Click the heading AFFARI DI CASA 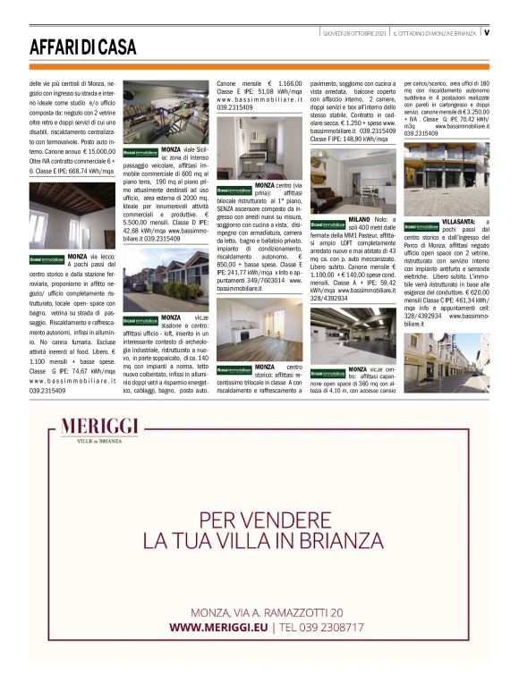point(78,47)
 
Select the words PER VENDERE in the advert point(259,519)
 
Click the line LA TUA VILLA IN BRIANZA point(259,541)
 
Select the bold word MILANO point(360,217)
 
